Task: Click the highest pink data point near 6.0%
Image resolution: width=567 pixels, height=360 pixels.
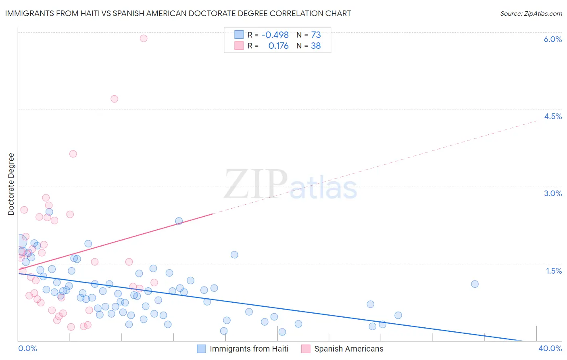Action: (144, 38)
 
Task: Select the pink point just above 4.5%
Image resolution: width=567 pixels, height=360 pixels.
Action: (115, 99)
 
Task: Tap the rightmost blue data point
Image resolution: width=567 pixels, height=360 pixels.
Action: (475, 284)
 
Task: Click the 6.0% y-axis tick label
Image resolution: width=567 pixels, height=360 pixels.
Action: (552, 39)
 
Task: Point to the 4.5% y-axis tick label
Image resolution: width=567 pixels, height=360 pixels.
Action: (553, 116)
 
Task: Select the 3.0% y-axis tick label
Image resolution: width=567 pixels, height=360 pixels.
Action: (552, 193)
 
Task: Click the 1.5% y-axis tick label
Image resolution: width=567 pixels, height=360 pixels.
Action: (554, 271)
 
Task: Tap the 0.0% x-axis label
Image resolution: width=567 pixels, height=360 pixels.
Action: (27, 348)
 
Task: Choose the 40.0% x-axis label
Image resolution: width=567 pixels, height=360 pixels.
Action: (550, 348)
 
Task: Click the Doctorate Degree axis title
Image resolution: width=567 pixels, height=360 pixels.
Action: (11, 184)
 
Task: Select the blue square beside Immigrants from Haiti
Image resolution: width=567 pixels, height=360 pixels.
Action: (202, 349)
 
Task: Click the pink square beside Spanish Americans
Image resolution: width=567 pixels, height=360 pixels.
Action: (306, 349)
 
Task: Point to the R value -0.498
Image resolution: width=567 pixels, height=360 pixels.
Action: (275, 35)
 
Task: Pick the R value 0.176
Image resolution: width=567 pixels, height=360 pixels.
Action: (278, 46)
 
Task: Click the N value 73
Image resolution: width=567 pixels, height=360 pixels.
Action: (316, 35)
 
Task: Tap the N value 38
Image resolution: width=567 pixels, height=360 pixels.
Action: (316, 46)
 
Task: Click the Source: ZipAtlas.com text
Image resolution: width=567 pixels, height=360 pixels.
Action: (531, 14)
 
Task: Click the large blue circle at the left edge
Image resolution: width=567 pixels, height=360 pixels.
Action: (20, 241)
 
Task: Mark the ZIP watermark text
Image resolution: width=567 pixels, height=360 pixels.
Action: (256, 184)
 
